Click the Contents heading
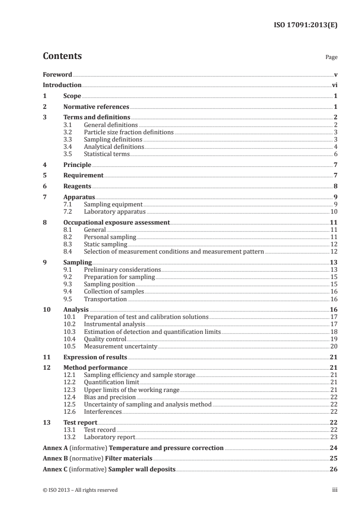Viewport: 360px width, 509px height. click(62, 57)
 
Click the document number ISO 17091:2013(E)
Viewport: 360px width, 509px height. click(305, 25)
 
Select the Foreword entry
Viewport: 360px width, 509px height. click(57, 74)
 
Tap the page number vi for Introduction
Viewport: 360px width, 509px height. click(334, 85)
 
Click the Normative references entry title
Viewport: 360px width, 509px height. click(96, 107)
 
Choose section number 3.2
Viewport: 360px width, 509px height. click(68, 132)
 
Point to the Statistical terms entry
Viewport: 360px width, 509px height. click(107, 154)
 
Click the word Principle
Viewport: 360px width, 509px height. click(77, 165)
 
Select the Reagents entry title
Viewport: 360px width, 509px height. click(77, 186)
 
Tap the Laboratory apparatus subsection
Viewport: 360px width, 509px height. click(114, 211)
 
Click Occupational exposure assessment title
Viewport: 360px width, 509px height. click(116, 222)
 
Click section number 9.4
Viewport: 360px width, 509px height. click(68, 291)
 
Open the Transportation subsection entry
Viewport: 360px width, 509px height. click(105, 299)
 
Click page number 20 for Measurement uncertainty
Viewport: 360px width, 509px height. click(334, 346)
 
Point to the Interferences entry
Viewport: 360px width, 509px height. click(103, 411)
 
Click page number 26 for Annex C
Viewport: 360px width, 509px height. click(333, 469)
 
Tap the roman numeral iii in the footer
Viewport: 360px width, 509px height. click(335, 490)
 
